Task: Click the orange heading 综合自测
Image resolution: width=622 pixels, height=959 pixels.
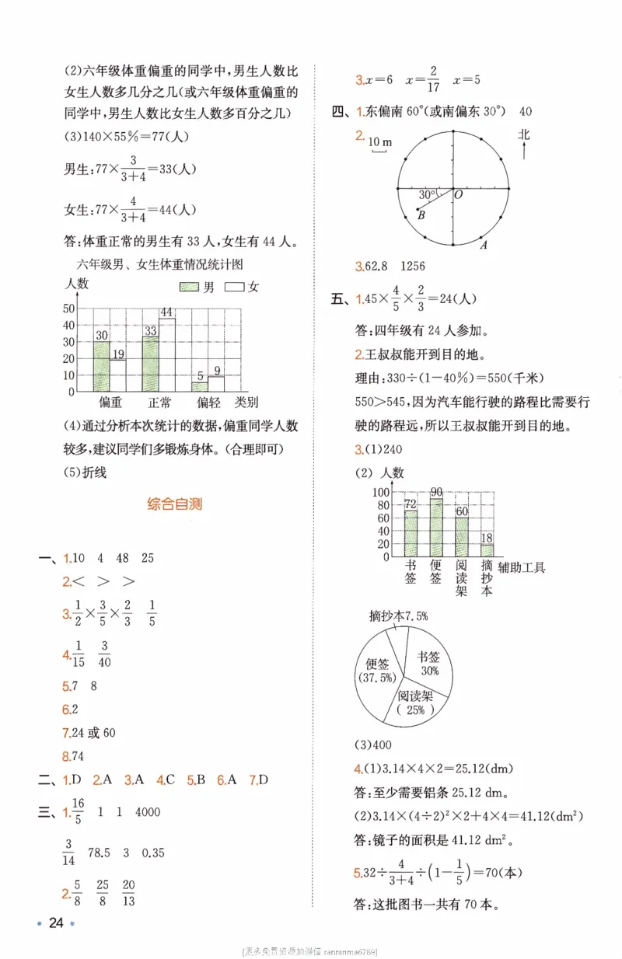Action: coord(174,504)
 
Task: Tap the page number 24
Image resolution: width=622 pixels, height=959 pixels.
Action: coord(55,923)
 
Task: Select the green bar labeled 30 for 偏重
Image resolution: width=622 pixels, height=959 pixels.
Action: coord(102,365)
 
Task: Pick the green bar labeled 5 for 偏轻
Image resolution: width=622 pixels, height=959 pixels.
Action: coord(200,386)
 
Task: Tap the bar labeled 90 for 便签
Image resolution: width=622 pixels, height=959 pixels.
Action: coord(436,528)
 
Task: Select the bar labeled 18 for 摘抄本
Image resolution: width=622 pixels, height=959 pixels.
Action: coord(487,550)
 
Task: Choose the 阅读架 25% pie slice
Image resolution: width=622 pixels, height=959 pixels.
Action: coord(414,703)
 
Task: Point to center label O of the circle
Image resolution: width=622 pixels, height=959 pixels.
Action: coord(459,195)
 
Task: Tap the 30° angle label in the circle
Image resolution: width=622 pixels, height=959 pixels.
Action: coord(426,194)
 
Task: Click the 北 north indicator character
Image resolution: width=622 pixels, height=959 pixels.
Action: coord(524,134)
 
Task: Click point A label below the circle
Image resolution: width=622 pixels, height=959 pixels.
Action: coord(483,246)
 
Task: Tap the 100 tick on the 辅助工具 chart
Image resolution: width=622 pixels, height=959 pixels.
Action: coord(380,493)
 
